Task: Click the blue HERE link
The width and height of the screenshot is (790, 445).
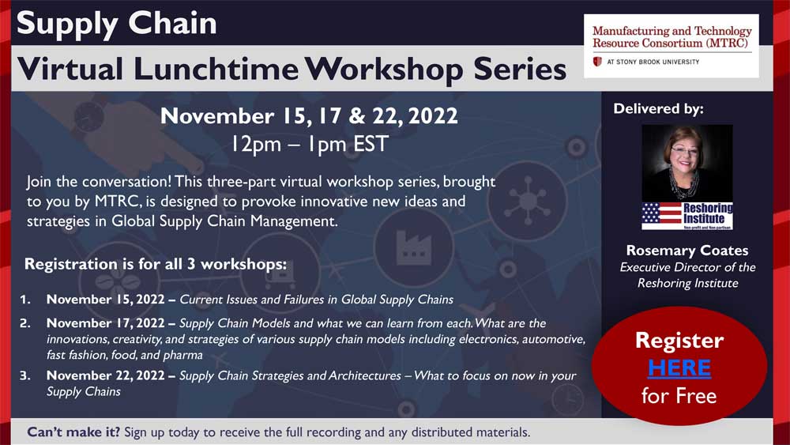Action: tap(679, 368)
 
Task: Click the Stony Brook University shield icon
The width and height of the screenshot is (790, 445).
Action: tap(597, 62)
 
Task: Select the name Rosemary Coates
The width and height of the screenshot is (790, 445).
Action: tap(687, 251)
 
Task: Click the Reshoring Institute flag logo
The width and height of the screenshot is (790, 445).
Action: tap(687, 216)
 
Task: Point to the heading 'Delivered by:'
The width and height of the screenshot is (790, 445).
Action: tap(659, 109)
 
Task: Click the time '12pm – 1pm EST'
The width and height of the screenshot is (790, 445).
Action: tap(310, 144)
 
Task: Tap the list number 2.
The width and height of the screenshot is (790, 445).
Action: tap(24, 323)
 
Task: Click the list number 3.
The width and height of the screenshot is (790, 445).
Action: tap(24, 376)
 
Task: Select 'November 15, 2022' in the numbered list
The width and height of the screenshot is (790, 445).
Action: tap(105, 300)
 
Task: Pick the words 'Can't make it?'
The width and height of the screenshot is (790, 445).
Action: tap(73, 432)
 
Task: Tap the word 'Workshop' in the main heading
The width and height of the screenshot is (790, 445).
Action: tap(383, 70)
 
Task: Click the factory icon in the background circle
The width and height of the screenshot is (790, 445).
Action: tap(413, 248)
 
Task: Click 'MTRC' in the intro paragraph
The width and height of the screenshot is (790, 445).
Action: tap(118, 202)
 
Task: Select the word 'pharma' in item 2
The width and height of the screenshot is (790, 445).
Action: tap(182, 356)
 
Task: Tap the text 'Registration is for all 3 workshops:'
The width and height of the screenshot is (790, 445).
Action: tap(155, 264)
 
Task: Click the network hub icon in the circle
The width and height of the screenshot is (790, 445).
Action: tap(528, 201)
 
